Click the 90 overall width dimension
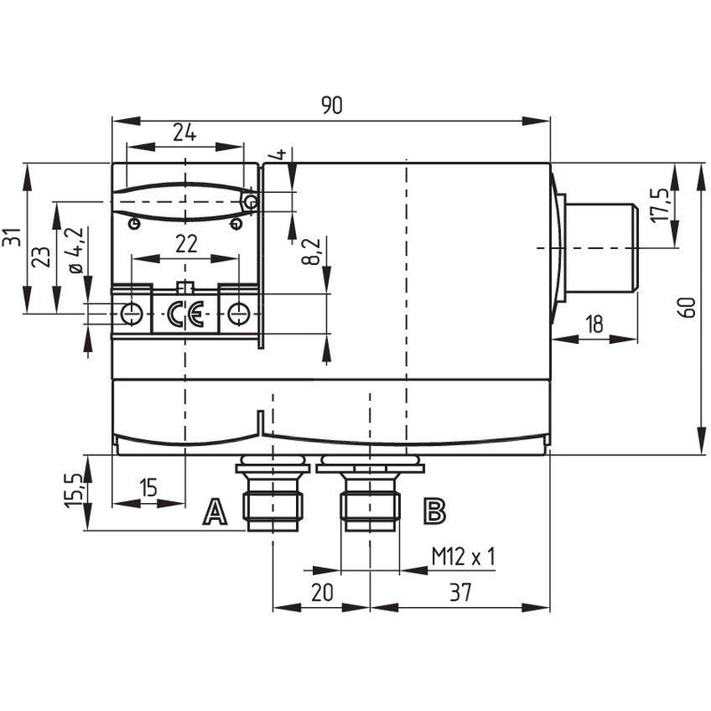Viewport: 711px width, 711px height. (x=332, y=105)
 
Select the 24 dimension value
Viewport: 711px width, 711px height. (x=185, y=132)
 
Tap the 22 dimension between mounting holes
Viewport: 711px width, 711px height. (x=187, y=244)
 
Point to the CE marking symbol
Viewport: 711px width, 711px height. (x=186, y=314)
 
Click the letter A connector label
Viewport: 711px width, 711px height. (x=215, y=512)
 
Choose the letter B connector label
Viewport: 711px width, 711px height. (x=435, y=511)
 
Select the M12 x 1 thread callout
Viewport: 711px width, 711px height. (x=463, y=556)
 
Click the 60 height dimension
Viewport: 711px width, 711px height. (x=688, y=308)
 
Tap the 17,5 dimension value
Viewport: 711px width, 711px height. (x=659, y=205)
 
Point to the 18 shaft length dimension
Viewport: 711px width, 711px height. (x=594, y=324)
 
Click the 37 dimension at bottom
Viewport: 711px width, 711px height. (x=460, y=592)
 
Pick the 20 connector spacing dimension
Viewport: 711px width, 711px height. (x=322, y=592)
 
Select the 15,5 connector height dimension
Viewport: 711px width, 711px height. (x=73, y=491)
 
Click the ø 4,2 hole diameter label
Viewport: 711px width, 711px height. (x=76, y=250)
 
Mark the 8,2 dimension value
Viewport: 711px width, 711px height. (x=312, y=251)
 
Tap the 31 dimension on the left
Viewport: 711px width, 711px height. (x=12, y=236)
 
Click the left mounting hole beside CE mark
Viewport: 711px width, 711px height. (x=132, y=313)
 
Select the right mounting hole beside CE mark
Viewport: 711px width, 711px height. (x=238, y=314)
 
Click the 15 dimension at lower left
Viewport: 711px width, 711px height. (x=148, y=487)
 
